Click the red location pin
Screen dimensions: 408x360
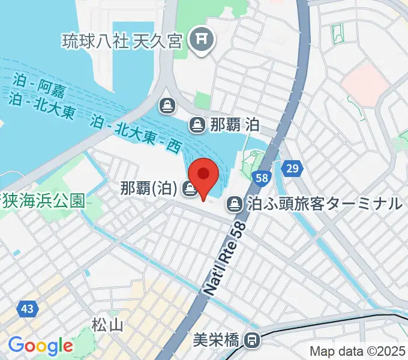204,175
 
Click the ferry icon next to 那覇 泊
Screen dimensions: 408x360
196,125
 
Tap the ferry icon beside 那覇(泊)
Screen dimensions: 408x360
191,189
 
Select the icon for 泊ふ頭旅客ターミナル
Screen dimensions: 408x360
234,205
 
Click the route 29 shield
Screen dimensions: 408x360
292,169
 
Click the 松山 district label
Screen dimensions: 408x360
107,325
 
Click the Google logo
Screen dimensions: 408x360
40,346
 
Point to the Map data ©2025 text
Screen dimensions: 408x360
358,351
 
